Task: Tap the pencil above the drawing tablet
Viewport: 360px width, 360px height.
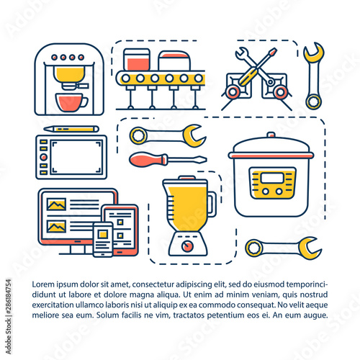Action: pyautogui.click(x=71, y=129)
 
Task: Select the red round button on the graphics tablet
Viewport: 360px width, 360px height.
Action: pyautogui.click(x=43, y=157)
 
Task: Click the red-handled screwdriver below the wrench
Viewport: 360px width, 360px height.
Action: pyautogui.click(x=168, y=160)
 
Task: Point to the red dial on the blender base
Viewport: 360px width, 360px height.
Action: pyautogui.click(x=187, y=246)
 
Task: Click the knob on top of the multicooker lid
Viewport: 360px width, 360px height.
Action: pyautogui.click(x=271, y=135)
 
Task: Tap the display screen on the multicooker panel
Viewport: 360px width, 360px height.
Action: pyautogui.click(x=272, y=179)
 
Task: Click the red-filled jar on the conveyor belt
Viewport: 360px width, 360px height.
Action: pyautogui.click(x=137, y=60)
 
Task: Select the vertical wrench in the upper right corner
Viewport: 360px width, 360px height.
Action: pyautogui.click(x=314, y=76)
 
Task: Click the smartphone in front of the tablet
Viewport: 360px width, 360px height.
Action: pyautogui.click(x=103, y=240)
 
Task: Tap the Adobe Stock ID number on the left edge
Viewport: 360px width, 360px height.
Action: pyautogui.click(x=9, y=296)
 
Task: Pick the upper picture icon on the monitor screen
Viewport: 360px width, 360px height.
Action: pyautogui.click(x=56, y=204)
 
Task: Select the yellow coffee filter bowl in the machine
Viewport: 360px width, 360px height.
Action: pyautogui.click(x=69, y=74)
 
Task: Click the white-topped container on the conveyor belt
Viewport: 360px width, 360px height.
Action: pyautogui.click(x=174, y=60)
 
